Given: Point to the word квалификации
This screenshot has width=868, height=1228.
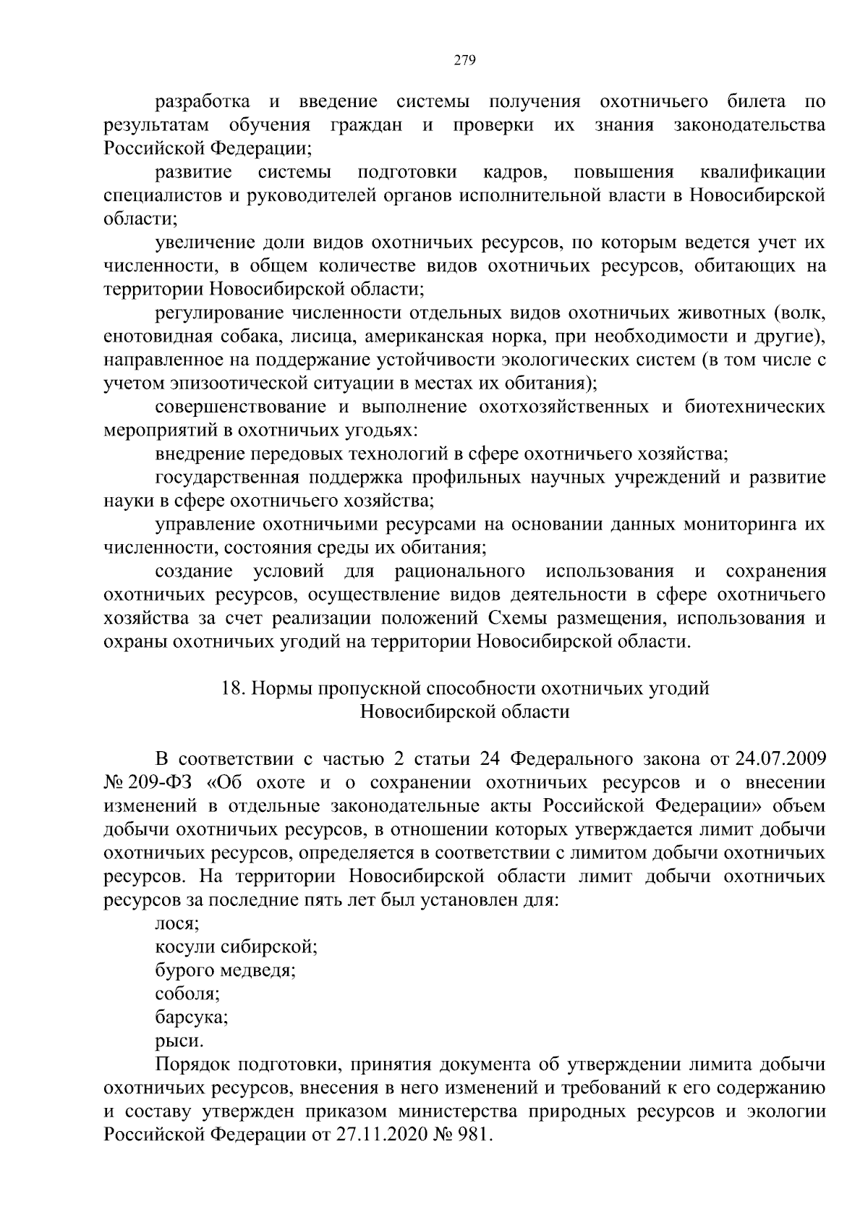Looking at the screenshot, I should [x=763, y=172].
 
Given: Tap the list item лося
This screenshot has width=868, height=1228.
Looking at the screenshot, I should [x=176, y=924].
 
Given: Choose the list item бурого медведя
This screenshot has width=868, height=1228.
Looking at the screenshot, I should [x=225, y=970].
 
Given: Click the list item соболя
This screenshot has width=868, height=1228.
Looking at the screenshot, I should [x=187, y=994].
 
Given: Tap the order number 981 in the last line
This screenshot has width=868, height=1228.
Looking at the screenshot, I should [x=475, y=1135].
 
